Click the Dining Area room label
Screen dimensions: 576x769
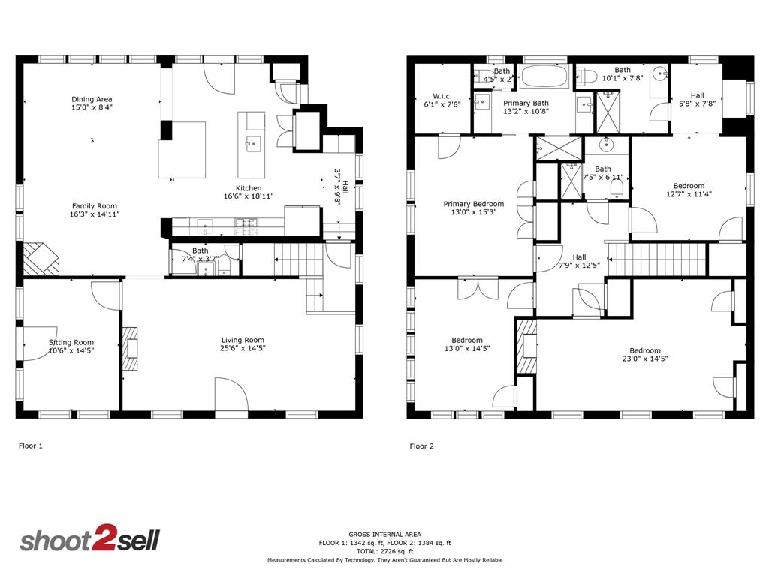(92, 99)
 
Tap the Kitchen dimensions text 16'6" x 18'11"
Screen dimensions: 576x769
(249, 196)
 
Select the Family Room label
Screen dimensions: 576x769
(95, 205)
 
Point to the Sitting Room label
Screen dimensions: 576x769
(71, 342)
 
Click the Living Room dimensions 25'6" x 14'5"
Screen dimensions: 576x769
(243, 348)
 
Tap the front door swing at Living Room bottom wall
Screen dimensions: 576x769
(231, 394)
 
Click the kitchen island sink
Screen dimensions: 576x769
(253, 141)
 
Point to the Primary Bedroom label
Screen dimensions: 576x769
(473, 204)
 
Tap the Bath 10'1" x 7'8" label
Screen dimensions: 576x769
(623, 70)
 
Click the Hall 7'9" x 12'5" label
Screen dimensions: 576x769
(579, 257)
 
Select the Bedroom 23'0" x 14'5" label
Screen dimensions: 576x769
(645, 350)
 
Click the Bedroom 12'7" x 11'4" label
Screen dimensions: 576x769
(689, 186)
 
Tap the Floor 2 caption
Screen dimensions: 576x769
(421, 446)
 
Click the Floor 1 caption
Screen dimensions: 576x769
(31, 445)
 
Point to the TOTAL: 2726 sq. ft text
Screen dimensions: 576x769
(384, 551)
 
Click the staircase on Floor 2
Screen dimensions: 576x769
(656, 259)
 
